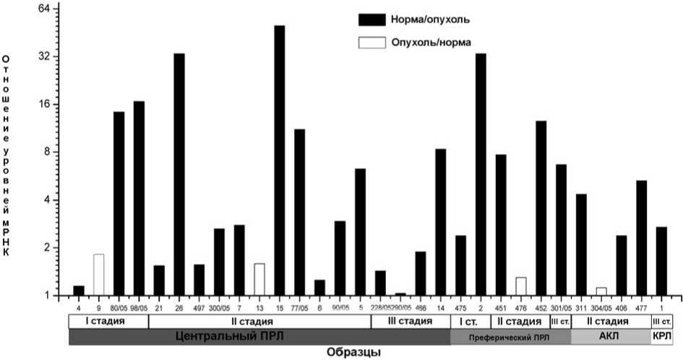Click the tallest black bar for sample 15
point(279,160)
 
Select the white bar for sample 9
point(98,275)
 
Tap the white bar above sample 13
point(259,279)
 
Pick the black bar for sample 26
point(179,173)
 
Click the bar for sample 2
point(481,173)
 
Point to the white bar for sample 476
point(520,286)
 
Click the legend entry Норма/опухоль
point(427,17)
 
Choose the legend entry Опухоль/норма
point(431,42)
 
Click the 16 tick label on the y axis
point(43,103)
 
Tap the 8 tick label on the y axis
point(45,152)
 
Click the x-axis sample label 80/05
point(119,306)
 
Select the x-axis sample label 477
point(641,306)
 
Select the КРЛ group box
point(661,336)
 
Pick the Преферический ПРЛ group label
point(510,337)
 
